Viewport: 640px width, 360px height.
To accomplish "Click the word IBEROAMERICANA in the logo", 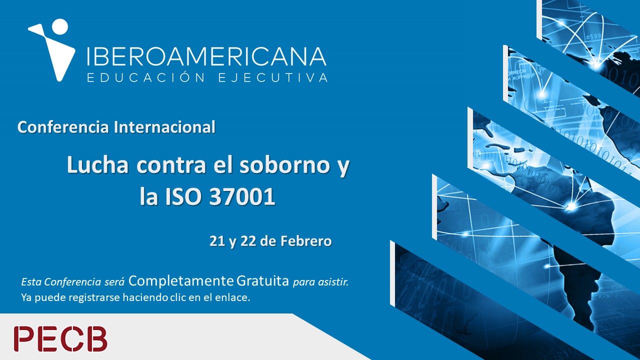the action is click(206, 56).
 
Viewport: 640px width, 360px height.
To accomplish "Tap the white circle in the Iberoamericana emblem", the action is click(60, 27).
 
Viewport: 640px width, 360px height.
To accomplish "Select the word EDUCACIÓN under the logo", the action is click(146, 77).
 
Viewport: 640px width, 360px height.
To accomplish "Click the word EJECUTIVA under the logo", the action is click(273, 77).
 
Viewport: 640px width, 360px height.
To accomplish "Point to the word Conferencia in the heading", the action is click(63, 127).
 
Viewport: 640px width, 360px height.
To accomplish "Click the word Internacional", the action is click(164, 127).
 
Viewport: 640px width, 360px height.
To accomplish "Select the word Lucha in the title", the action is click(97, 165).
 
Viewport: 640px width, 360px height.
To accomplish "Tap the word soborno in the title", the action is click(285, 165).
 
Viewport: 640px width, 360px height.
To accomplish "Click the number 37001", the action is click(242, 197).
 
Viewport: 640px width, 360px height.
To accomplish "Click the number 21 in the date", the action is click(218, 241).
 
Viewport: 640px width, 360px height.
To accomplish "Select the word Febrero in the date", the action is click(306, 241).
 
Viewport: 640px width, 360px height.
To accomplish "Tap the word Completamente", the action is click(181, 281).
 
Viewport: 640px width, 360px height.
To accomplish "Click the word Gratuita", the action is click(263, 281).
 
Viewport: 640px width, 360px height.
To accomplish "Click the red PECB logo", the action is click(60, 339).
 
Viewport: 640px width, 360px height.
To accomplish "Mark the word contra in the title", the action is click(171, 165).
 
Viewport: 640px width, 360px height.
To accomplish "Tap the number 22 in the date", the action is click(248, 241).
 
